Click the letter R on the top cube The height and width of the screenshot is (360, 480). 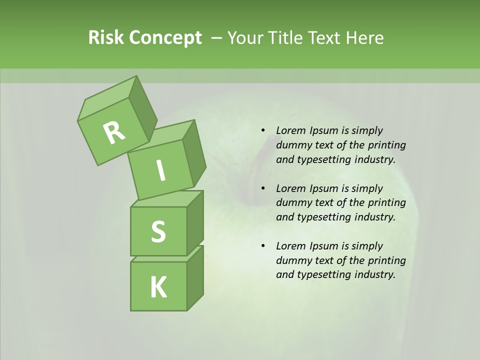tap(114, 132)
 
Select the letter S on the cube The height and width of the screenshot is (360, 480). tap(158, 232)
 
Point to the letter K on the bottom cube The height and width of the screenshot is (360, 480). tap(158, 287)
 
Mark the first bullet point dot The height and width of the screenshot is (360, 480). tap(263, 130)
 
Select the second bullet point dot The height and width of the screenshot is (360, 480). tap(263, 188)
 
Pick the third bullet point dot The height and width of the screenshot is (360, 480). tap(263, 246)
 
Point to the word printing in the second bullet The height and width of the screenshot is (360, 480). tap(387, 203)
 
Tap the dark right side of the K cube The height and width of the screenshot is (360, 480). tap(195, 277)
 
